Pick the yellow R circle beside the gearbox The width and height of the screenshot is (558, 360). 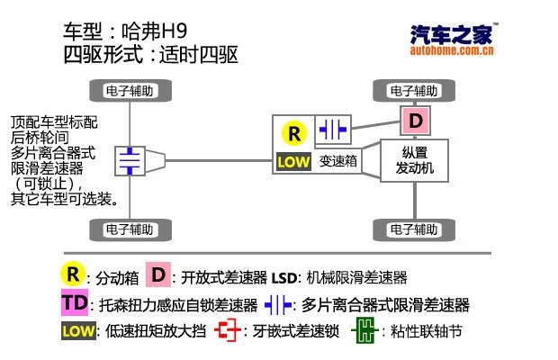tap(293, 133)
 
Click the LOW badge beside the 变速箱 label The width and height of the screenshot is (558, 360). tap(293, 162)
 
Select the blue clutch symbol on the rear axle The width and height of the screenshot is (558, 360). tap(130, 160)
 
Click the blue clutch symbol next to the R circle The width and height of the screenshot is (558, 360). tap(332, 130)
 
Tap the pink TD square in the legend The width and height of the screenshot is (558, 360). tap(76, 303)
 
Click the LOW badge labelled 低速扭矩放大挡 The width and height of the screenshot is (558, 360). tap(77, 331)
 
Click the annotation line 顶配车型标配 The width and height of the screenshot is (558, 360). tap(54, 121)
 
